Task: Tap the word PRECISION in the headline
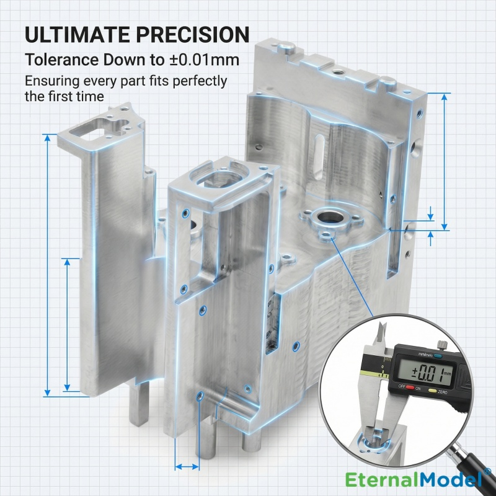tap(197, 34)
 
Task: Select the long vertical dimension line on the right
tap(445, 161)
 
